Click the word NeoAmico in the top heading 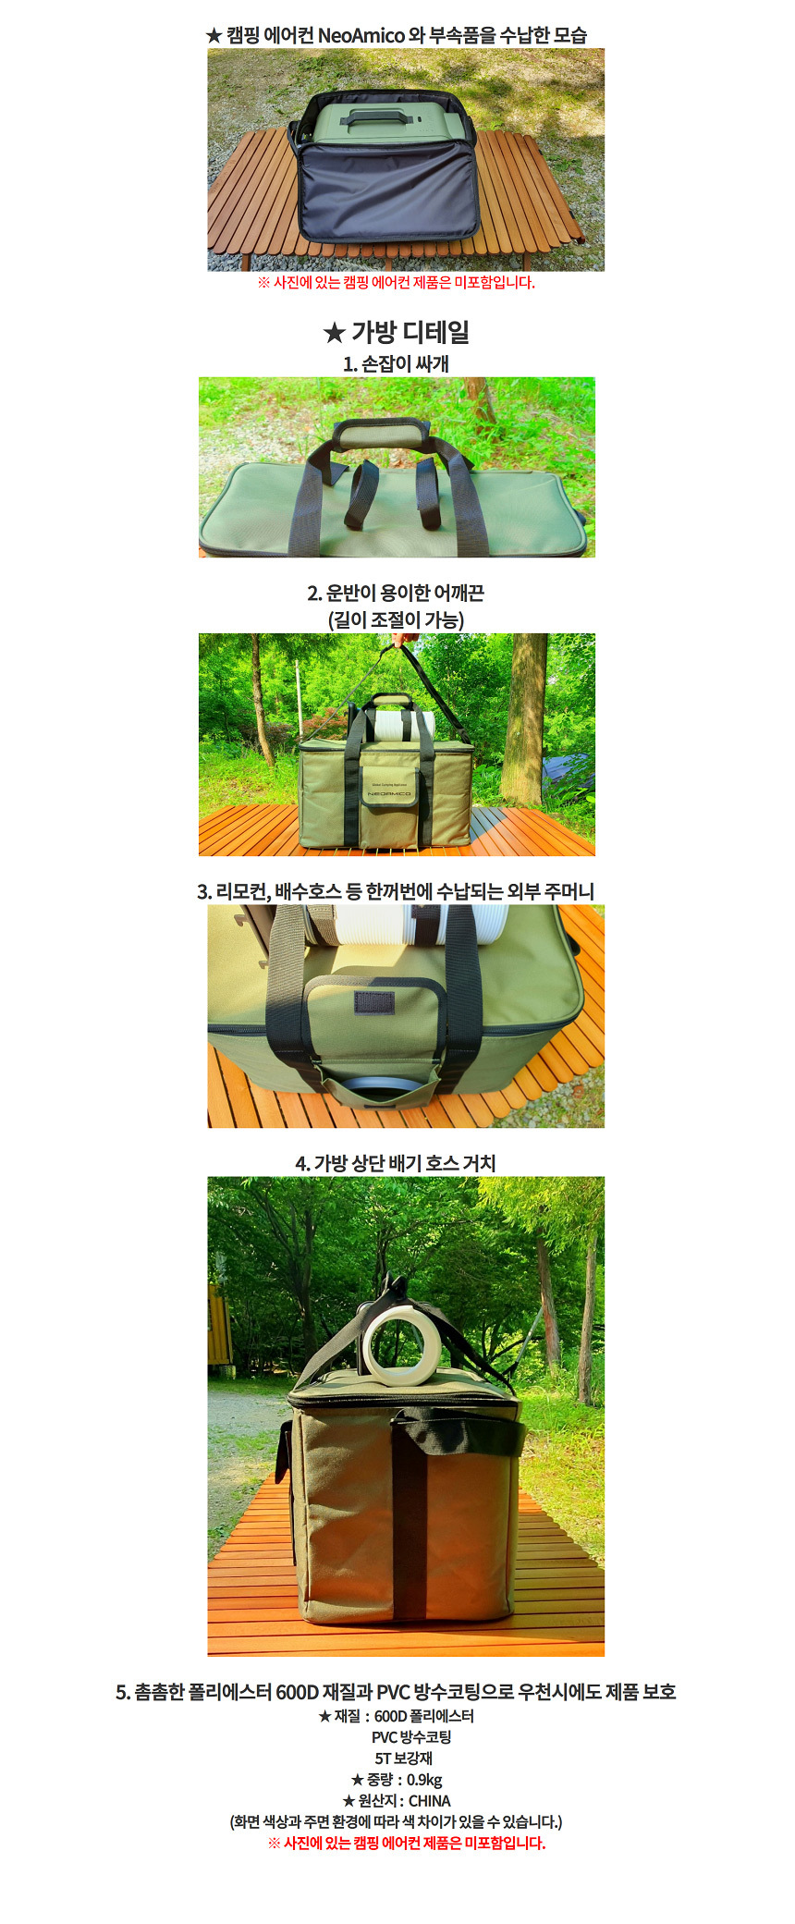361,35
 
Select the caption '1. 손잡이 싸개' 396,363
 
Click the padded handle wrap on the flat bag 382,431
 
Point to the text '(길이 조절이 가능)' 396,619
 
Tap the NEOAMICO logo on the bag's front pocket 389,793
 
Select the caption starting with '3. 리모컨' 396,891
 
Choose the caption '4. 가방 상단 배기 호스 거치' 396,1163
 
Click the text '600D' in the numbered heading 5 298,1692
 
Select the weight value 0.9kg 424,1780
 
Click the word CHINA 430,1801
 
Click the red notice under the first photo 396,283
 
